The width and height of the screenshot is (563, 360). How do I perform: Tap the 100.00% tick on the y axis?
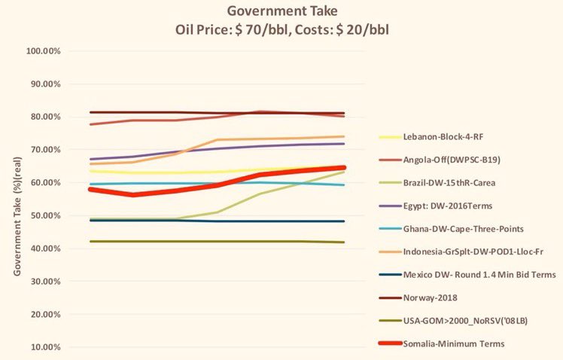[43, 51]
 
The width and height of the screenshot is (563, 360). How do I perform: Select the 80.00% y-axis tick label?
[43, 117]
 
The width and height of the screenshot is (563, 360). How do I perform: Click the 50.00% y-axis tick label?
[43, 215]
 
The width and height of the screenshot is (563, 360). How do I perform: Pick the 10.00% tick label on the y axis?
[43, 347]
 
